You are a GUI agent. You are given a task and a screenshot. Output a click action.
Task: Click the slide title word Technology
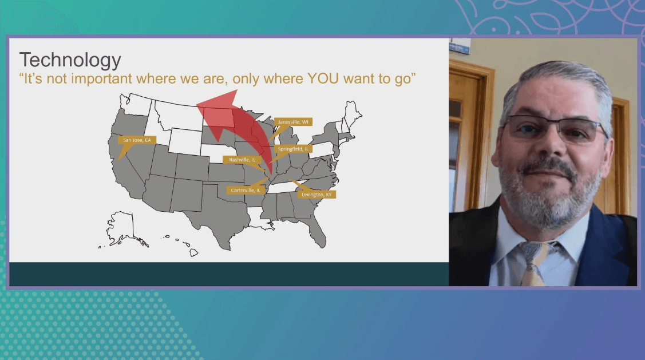pyautogui.click(x=70, y=61)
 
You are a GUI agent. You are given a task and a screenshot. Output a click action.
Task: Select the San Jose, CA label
pyautogui.click(x=137, y=140)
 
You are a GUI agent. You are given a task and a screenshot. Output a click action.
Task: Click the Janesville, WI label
pyautogui.click(x=293, y=122)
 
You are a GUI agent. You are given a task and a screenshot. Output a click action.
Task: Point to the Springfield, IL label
pyautogui.click(x=293, y=149)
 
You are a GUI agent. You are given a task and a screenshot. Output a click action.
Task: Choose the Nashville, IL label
pyautogui.click(x=242, y=160)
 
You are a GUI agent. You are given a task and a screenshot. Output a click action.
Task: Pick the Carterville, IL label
pyautogui.click(x=245, y=190)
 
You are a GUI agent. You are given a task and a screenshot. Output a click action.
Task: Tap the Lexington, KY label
pyautogui.click(x=316, y=194)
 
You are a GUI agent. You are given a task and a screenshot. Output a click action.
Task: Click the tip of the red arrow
pyautogui.click(x=197, y=105)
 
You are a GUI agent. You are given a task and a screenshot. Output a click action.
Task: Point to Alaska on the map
pyautogui.click(x=122, y=229)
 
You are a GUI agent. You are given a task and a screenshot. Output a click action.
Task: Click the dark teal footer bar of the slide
pyautogui.click(x=229, y=274)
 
